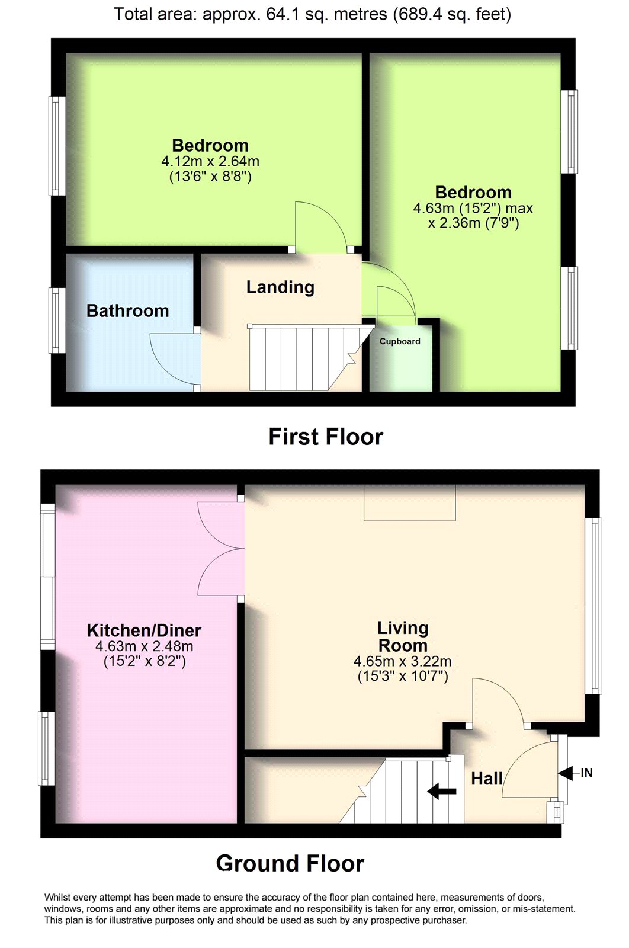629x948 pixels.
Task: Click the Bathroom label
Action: [128, 311]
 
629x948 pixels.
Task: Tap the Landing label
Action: [281, 287]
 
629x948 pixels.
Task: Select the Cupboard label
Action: [400, 341]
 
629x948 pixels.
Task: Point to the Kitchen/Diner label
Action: [144, 630]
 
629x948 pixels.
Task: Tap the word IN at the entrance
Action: [587, 773]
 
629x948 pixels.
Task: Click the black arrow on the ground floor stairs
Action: [442, 790]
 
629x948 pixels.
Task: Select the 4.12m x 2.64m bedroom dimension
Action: [210, 161]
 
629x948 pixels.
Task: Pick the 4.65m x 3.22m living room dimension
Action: [403, 661]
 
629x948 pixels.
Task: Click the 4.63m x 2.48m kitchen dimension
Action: [145, 646]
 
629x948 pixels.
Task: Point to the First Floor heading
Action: [326, 437]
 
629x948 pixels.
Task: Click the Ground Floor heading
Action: [290, 863]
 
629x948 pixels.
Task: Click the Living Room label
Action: [403, 637]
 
